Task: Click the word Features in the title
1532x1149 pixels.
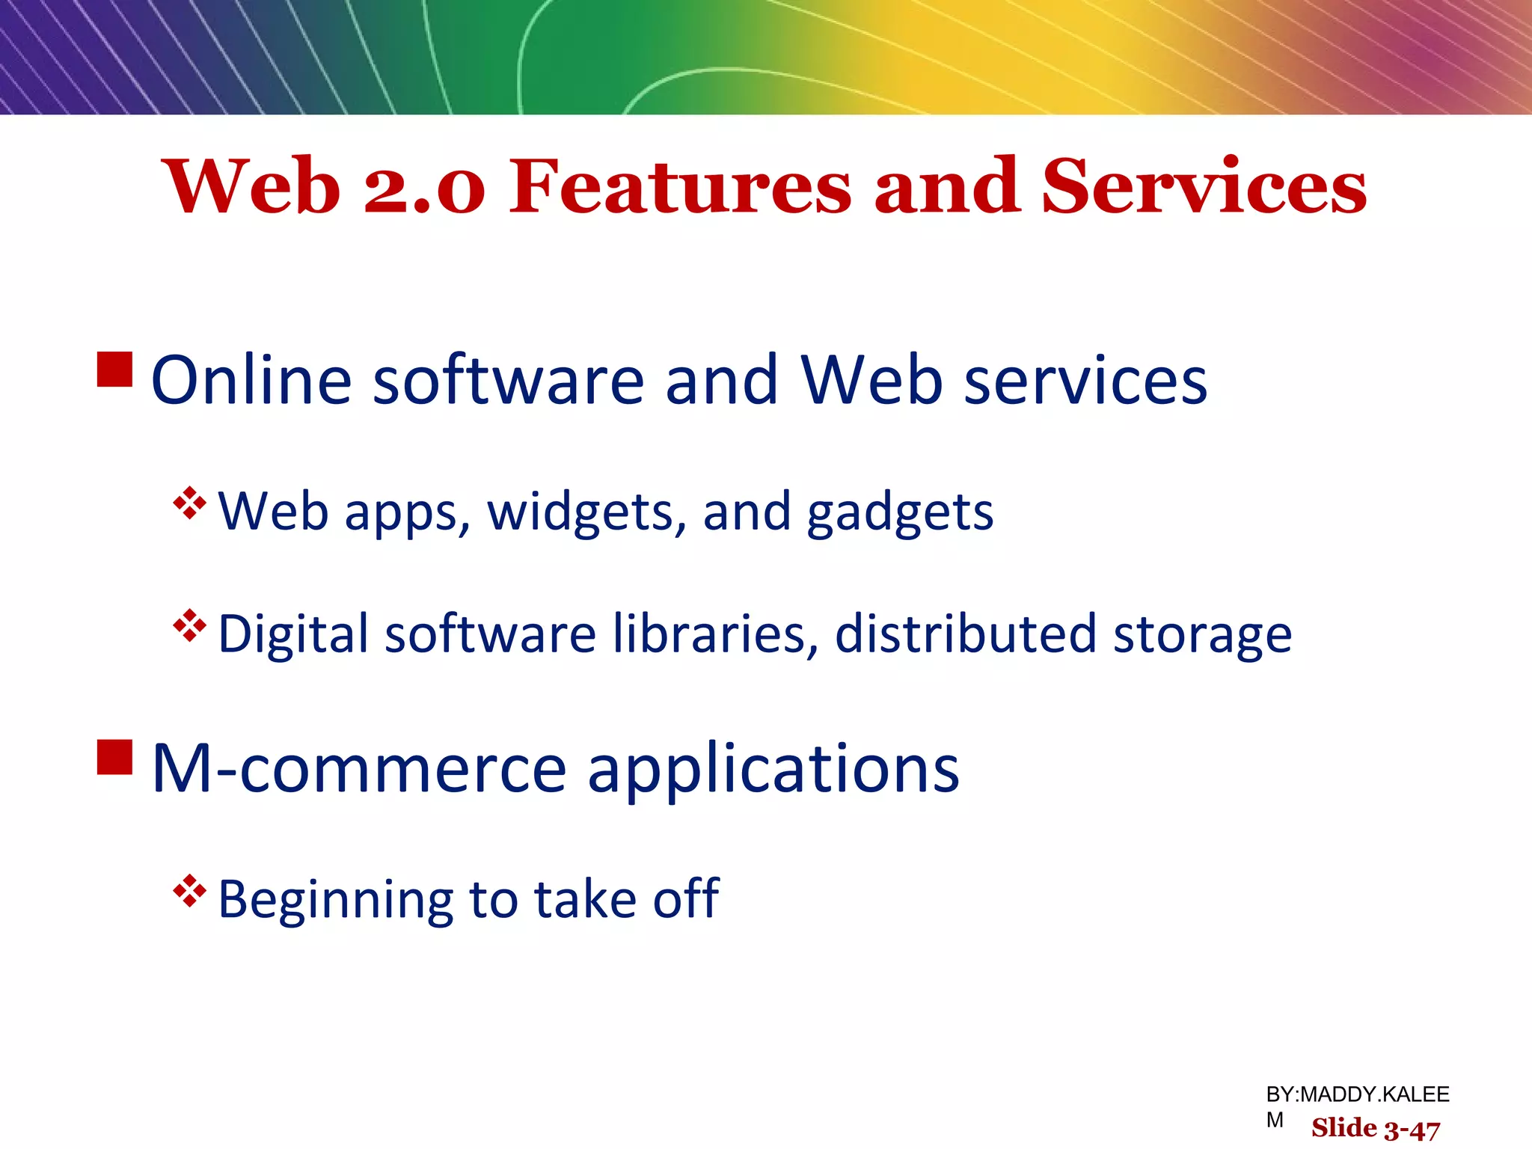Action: click(680, 186)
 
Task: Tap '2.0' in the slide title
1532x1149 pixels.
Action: click(424, 188)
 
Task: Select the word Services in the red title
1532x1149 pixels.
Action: click(1204, 186)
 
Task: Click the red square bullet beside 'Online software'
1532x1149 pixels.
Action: click(115, 370)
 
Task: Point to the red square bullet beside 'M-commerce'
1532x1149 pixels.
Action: click(115, 757)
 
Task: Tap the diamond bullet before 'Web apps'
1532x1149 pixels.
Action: click(189, 503)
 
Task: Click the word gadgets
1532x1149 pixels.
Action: click(900, 513)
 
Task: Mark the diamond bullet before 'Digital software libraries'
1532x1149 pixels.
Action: click(189, 625)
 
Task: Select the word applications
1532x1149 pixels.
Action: click(773, 770)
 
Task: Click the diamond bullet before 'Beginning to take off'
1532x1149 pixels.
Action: click(189, 891)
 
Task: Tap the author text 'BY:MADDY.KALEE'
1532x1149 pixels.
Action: click(1357, 1094)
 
